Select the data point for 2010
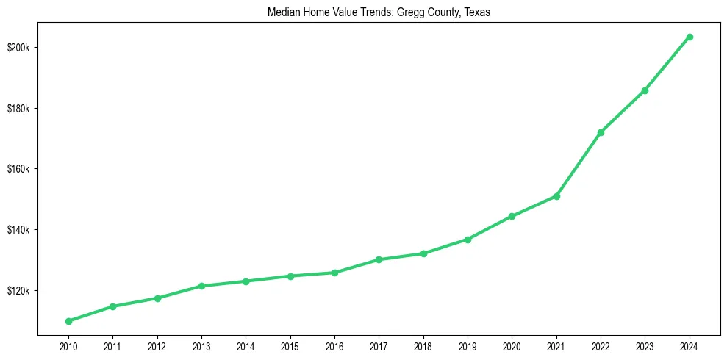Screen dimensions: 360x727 68,321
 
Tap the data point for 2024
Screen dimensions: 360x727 690,37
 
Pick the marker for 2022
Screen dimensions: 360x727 601,132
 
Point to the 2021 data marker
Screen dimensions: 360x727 556,196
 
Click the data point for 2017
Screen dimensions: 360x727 379,259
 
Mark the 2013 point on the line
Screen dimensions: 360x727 201,286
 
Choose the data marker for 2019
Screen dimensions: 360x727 468,240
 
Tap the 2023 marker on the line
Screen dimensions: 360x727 645,90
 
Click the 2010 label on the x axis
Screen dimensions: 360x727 68,345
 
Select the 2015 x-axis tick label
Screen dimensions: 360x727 290,345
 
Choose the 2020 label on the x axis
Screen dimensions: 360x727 512,345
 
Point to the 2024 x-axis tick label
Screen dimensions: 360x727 690,345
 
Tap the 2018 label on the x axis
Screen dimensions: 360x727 423,345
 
